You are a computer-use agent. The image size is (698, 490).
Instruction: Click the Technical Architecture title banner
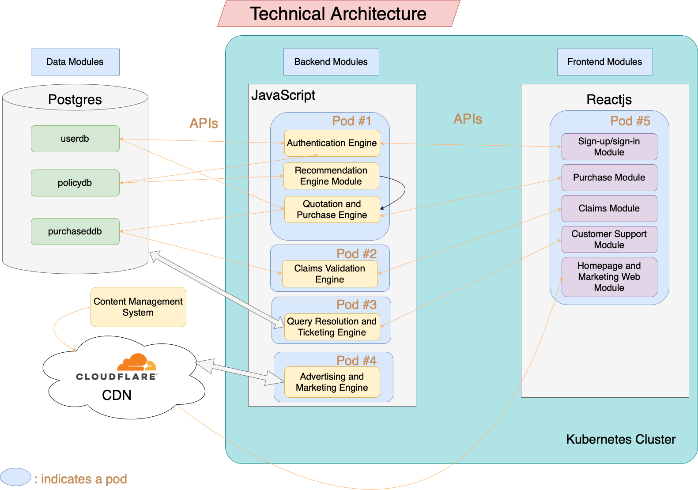pos(338,14)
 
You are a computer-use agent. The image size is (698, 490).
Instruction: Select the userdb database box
pos(75,139)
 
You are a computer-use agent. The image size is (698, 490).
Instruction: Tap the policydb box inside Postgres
pos(75,183)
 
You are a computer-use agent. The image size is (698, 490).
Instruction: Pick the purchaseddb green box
pos(75,231)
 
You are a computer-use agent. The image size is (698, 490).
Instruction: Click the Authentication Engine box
pos(332,143)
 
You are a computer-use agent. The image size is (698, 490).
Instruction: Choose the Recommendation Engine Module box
pos(331,176)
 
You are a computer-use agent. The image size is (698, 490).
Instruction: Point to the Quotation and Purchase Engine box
pos(332,209)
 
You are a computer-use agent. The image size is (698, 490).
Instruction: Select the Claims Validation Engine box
pos(330,274)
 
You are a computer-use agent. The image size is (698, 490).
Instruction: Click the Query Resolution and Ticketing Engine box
pos(332,327)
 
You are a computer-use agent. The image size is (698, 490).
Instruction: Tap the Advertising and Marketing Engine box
pos(332,382)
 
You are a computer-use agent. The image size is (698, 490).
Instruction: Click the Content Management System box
pos(138,307)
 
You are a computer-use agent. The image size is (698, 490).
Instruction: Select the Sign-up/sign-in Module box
pos(609,147)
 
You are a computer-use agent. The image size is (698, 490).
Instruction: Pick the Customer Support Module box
pos(609,239)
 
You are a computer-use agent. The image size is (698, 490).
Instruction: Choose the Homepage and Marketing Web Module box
pos(609,277)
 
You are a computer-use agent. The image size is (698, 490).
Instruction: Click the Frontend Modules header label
pos(605,62)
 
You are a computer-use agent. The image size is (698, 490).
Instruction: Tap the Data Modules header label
pos(75,62)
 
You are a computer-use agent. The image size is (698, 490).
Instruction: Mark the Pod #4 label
pos(356,361)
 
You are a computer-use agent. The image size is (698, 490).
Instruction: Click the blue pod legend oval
pos(15,477)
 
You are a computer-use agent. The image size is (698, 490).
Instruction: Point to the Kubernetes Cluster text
pos(621,439)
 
